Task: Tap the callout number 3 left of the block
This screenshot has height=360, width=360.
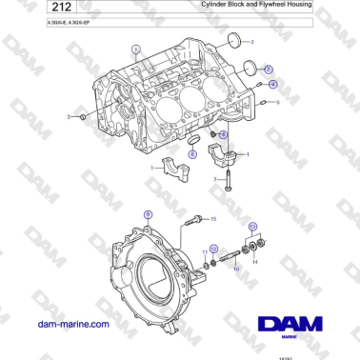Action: pyautogui.click(x=69, y=116)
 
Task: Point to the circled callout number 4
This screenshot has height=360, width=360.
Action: pyautogui.click(x=272, y=84)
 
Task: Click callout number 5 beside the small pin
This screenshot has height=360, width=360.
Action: pyautogui.click(x=277, y=102)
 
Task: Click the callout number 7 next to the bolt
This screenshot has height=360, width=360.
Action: pyautogui.click(x=216, y=179)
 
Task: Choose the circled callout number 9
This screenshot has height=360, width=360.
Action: pyautogui.click(x=147, y=215)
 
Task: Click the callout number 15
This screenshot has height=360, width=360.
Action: pyautogui.click(x=213, y=219)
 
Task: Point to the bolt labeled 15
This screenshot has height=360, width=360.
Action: pyautogui.click(x=195, y=221)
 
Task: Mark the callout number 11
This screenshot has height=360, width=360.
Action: pyautogui.click(x=204, y=252)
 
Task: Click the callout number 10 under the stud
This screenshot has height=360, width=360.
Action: pyautogui.click(x=236, y=269)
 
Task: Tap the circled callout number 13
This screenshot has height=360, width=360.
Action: pyautogui.click(x=252, y=227)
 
